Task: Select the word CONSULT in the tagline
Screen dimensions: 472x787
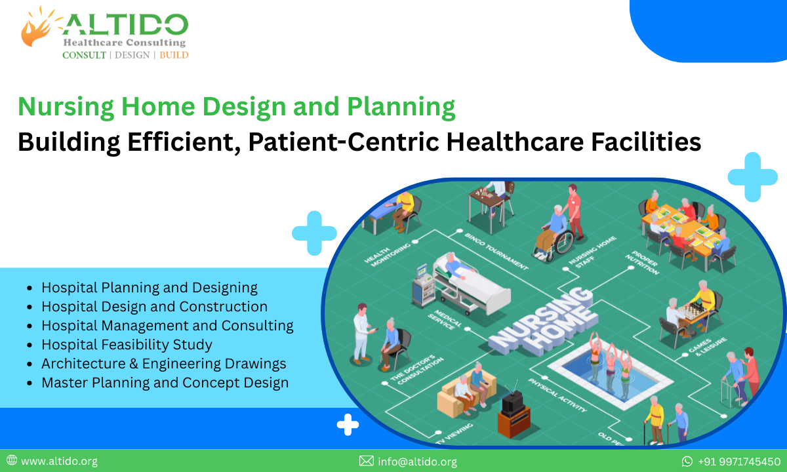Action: coord(84,55)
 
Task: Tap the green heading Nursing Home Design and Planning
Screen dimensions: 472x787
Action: coord(236,107)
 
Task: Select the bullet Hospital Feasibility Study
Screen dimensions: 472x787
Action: coord(127,344)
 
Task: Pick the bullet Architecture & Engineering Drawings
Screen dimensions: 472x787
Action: coord(163,363)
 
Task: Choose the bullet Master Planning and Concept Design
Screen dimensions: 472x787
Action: coord(165,382)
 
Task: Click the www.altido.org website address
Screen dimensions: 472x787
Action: coord(59,462)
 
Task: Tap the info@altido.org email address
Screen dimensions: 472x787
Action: coord(417,462)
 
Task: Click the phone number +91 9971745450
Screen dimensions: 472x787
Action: coord(738,462)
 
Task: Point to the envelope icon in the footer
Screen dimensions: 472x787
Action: coord(366,462)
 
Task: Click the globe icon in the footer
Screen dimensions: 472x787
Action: coord(11,462)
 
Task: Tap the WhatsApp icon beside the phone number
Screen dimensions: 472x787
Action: coord(687,462)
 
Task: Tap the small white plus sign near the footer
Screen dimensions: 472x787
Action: coord(348,425)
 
